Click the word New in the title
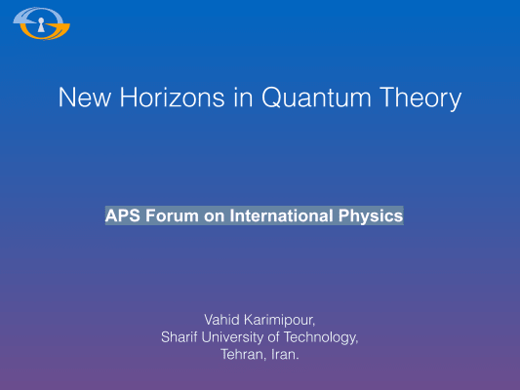85,97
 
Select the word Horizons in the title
172,97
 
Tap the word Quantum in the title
316,97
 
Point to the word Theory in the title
420,98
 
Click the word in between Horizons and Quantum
244,97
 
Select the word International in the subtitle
281,215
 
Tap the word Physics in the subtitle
371,216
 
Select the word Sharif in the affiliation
180,337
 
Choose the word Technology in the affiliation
321,337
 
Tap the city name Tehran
244,355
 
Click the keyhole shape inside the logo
41,24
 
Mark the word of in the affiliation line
273,337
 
